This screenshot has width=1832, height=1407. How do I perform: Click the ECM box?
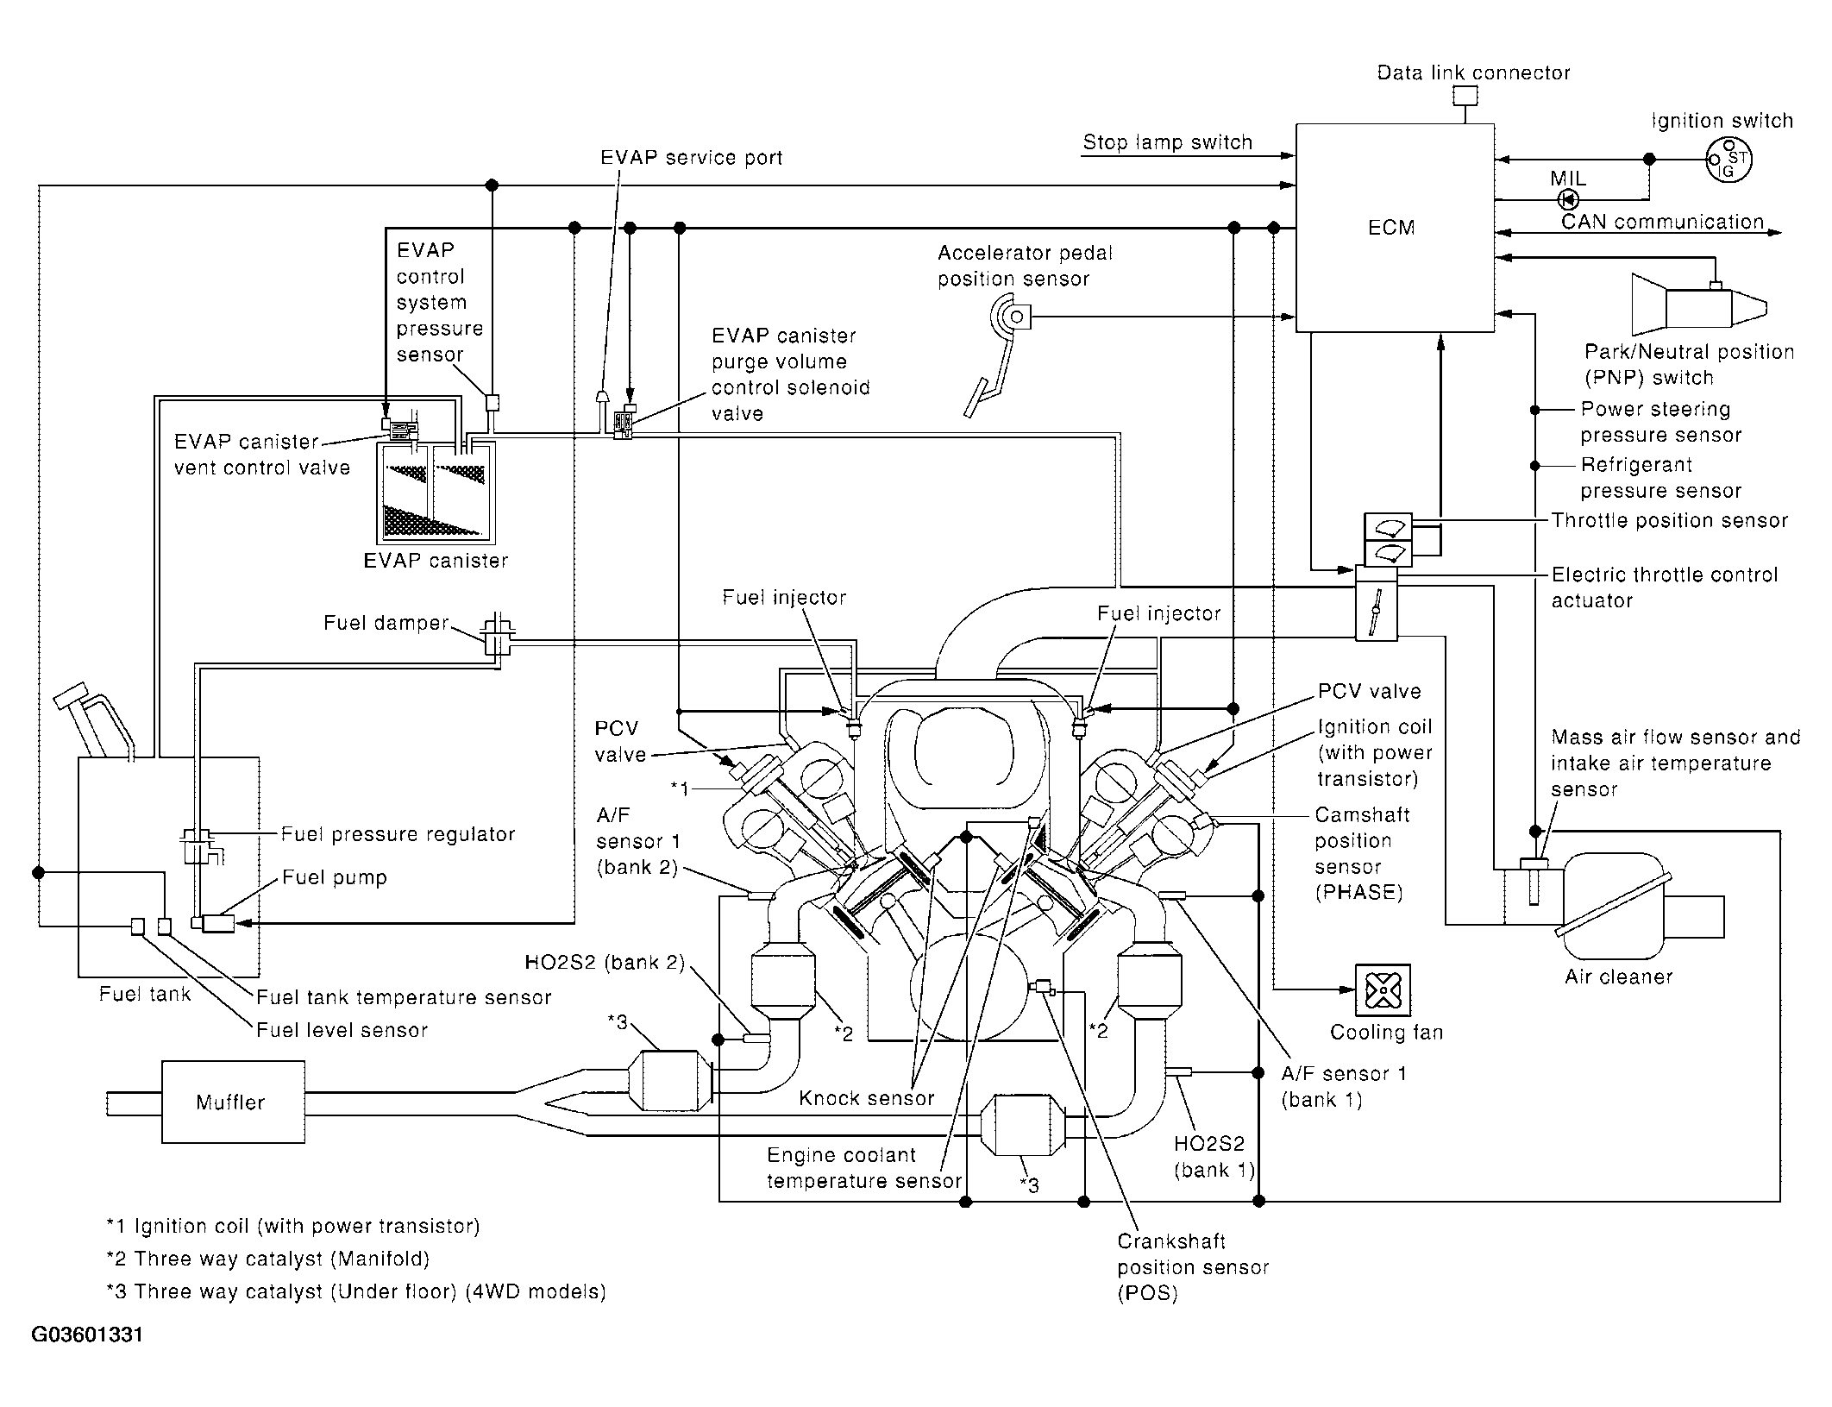click(x=1395, y=228)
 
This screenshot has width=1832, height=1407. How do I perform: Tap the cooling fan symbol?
click(x=1383, y=990)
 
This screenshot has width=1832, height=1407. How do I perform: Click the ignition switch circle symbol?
click(x=1728, y=160)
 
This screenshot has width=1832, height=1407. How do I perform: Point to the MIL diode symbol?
click(x=1567, y=200)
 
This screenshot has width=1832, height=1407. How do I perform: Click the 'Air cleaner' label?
click(x=1619, y=977)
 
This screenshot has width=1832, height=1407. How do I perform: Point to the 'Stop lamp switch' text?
click(x=1168, y=142)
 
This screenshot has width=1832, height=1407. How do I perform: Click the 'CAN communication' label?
click(x=1663, y=222)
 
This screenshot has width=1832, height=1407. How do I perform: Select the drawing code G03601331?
click(x=87, y=1335)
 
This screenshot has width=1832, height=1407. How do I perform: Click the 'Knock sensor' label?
click(x=867, y=1098)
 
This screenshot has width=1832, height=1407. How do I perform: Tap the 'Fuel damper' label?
click(x=386, y=623)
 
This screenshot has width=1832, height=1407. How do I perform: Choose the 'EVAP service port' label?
click(x=692, y=158)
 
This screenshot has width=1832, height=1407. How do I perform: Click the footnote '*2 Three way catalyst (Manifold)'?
click(x=268, y=1259)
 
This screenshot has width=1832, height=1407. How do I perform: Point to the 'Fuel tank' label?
click(x=145, y=994)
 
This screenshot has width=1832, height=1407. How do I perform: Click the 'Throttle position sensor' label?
click(x=1670, y=520)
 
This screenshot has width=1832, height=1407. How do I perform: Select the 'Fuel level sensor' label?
click(x=342, y=1030)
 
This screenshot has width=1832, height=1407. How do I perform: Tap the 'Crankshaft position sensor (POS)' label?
click(x=1194, y=1267)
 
